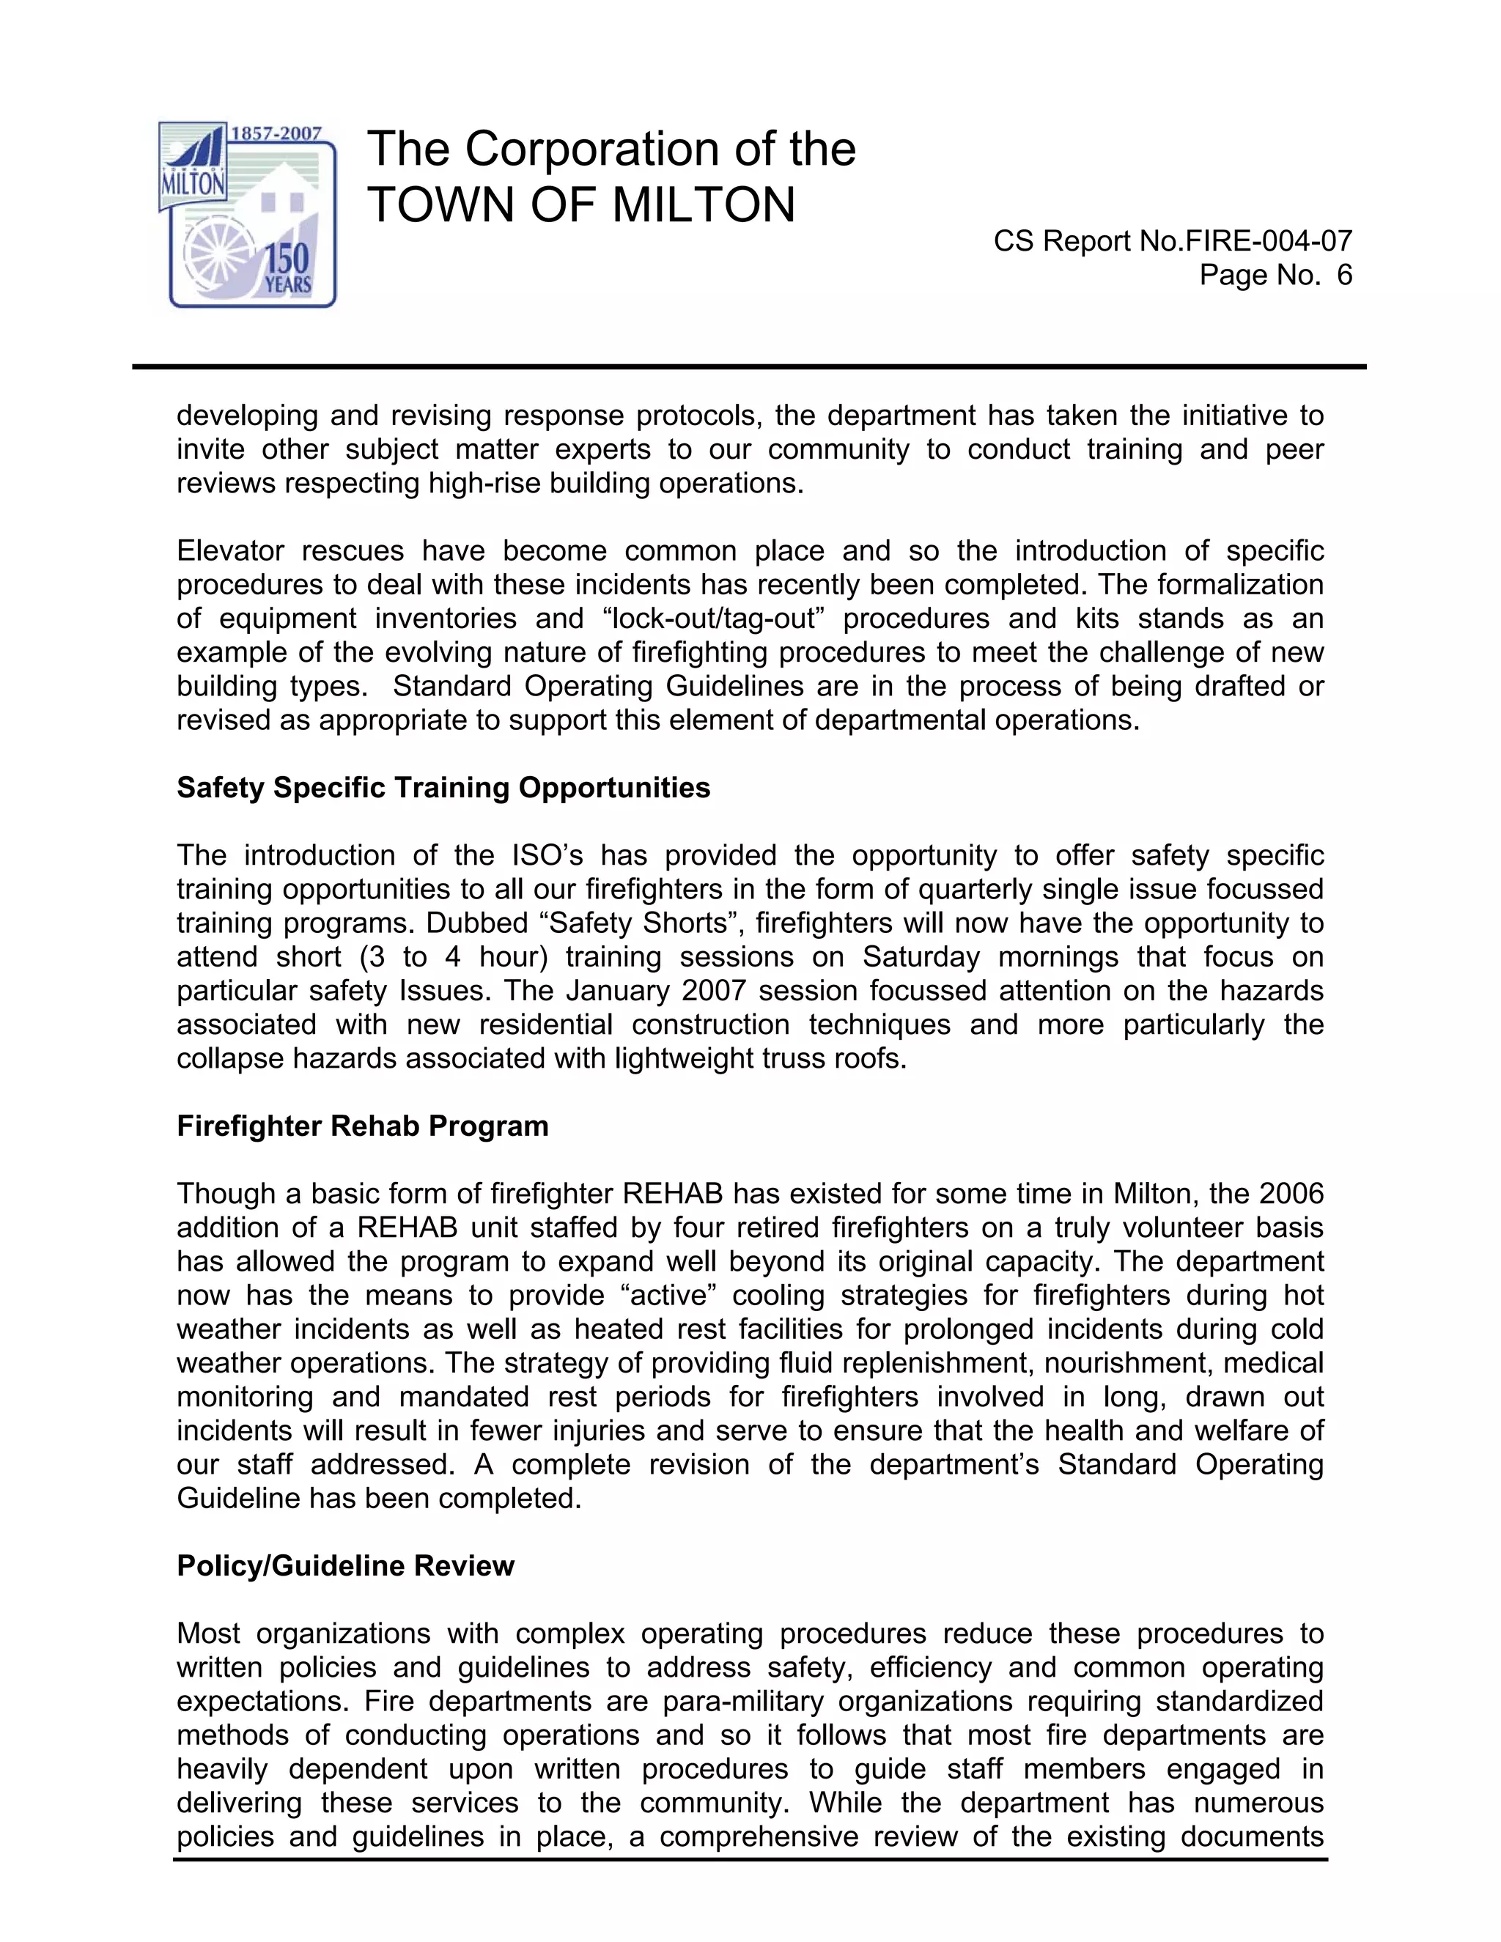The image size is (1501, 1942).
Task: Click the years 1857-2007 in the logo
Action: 276,133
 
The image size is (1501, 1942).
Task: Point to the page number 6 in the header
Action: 1343,276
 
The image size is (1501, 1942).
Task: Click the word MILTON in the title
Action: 704,204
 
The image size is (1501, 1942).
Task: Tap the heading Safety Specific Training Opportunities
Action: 443,788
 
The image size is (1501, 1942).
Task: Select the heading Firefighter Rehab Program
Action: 362,1126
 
